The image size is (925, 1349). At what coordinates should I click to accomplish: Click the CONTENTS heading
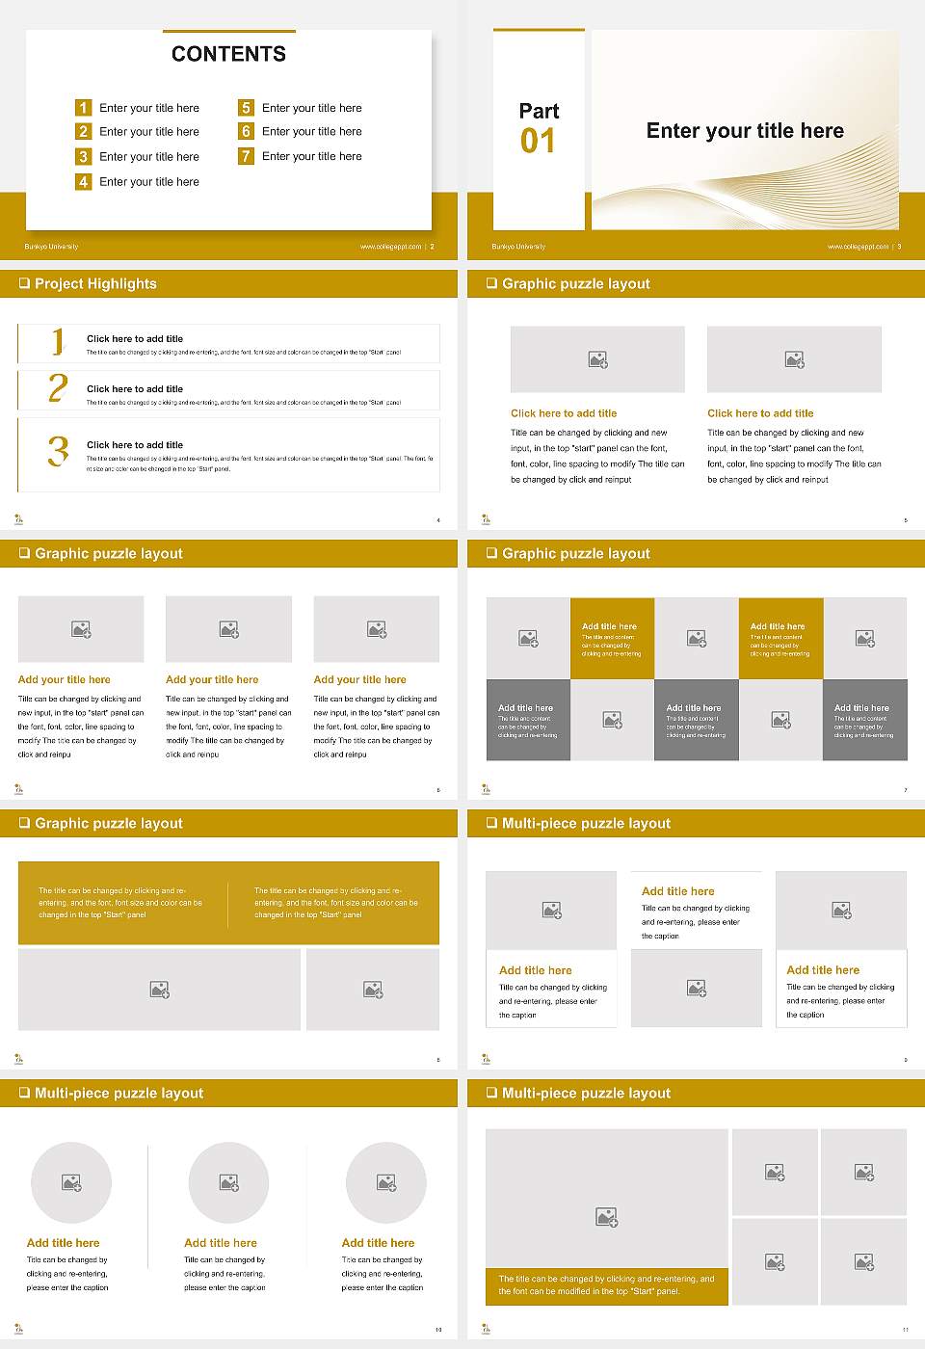[x=228, y=54]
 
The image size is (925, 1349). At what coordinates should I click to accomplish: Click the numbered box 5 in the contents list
[x=246, y=108]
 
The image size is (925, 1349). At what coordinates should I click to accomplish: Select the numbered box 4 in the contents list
[x=83, y=181]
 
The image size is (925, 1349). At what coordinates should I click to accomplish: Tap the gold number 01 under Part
[x=538, y=142]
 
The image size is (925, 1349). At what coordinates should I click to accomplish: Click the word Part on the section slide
[x=539, y=111]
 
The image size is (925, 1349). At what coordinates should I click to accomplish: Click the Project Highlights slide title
[x=95, y=283]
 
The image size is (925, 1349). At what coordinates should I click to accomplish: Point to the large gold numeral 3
[x=59, y=451]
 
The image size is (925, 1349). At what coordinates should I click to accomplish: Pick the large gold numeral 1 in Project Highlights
[x=58, y=341]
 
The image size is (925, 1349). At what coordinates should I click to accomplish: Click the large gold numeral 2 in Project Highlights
[x=58, y=388]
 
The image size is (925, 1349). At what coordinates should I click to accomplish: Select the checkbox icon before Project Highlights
[x=24, y=283]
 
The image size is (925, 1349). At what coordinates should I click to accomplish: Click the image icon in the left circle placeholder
[x=71, y=1182]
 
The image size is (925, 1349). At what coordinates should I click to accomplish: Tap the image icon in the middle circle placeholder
[x=228, y=1182]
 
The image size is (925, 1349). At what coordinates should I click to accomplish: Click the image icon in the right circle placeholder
[x=386, y=1182]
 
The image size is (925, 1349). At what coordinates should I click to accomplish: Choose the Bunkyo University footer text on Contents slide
[x=51, y=247]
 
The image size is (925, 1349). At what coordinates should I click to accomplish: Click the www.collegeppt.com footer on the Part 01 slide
[x=858, y=247]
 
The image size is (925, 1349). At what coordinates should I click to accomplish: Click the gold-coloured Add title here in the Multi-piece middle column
[x=678, y=891]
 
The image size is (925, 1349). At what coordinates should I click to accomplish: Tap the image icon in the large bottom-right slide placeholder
[x=606, y=1218]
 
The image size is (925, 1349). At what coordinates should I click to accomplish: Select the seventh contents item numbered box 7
[x=246, y=156]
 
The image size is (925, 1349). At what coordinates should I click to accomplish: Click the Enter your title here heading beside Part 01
[x=745, y=131]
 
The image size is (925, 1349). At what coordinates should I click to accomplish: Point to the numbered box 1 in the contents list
[x=83, y=108]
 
